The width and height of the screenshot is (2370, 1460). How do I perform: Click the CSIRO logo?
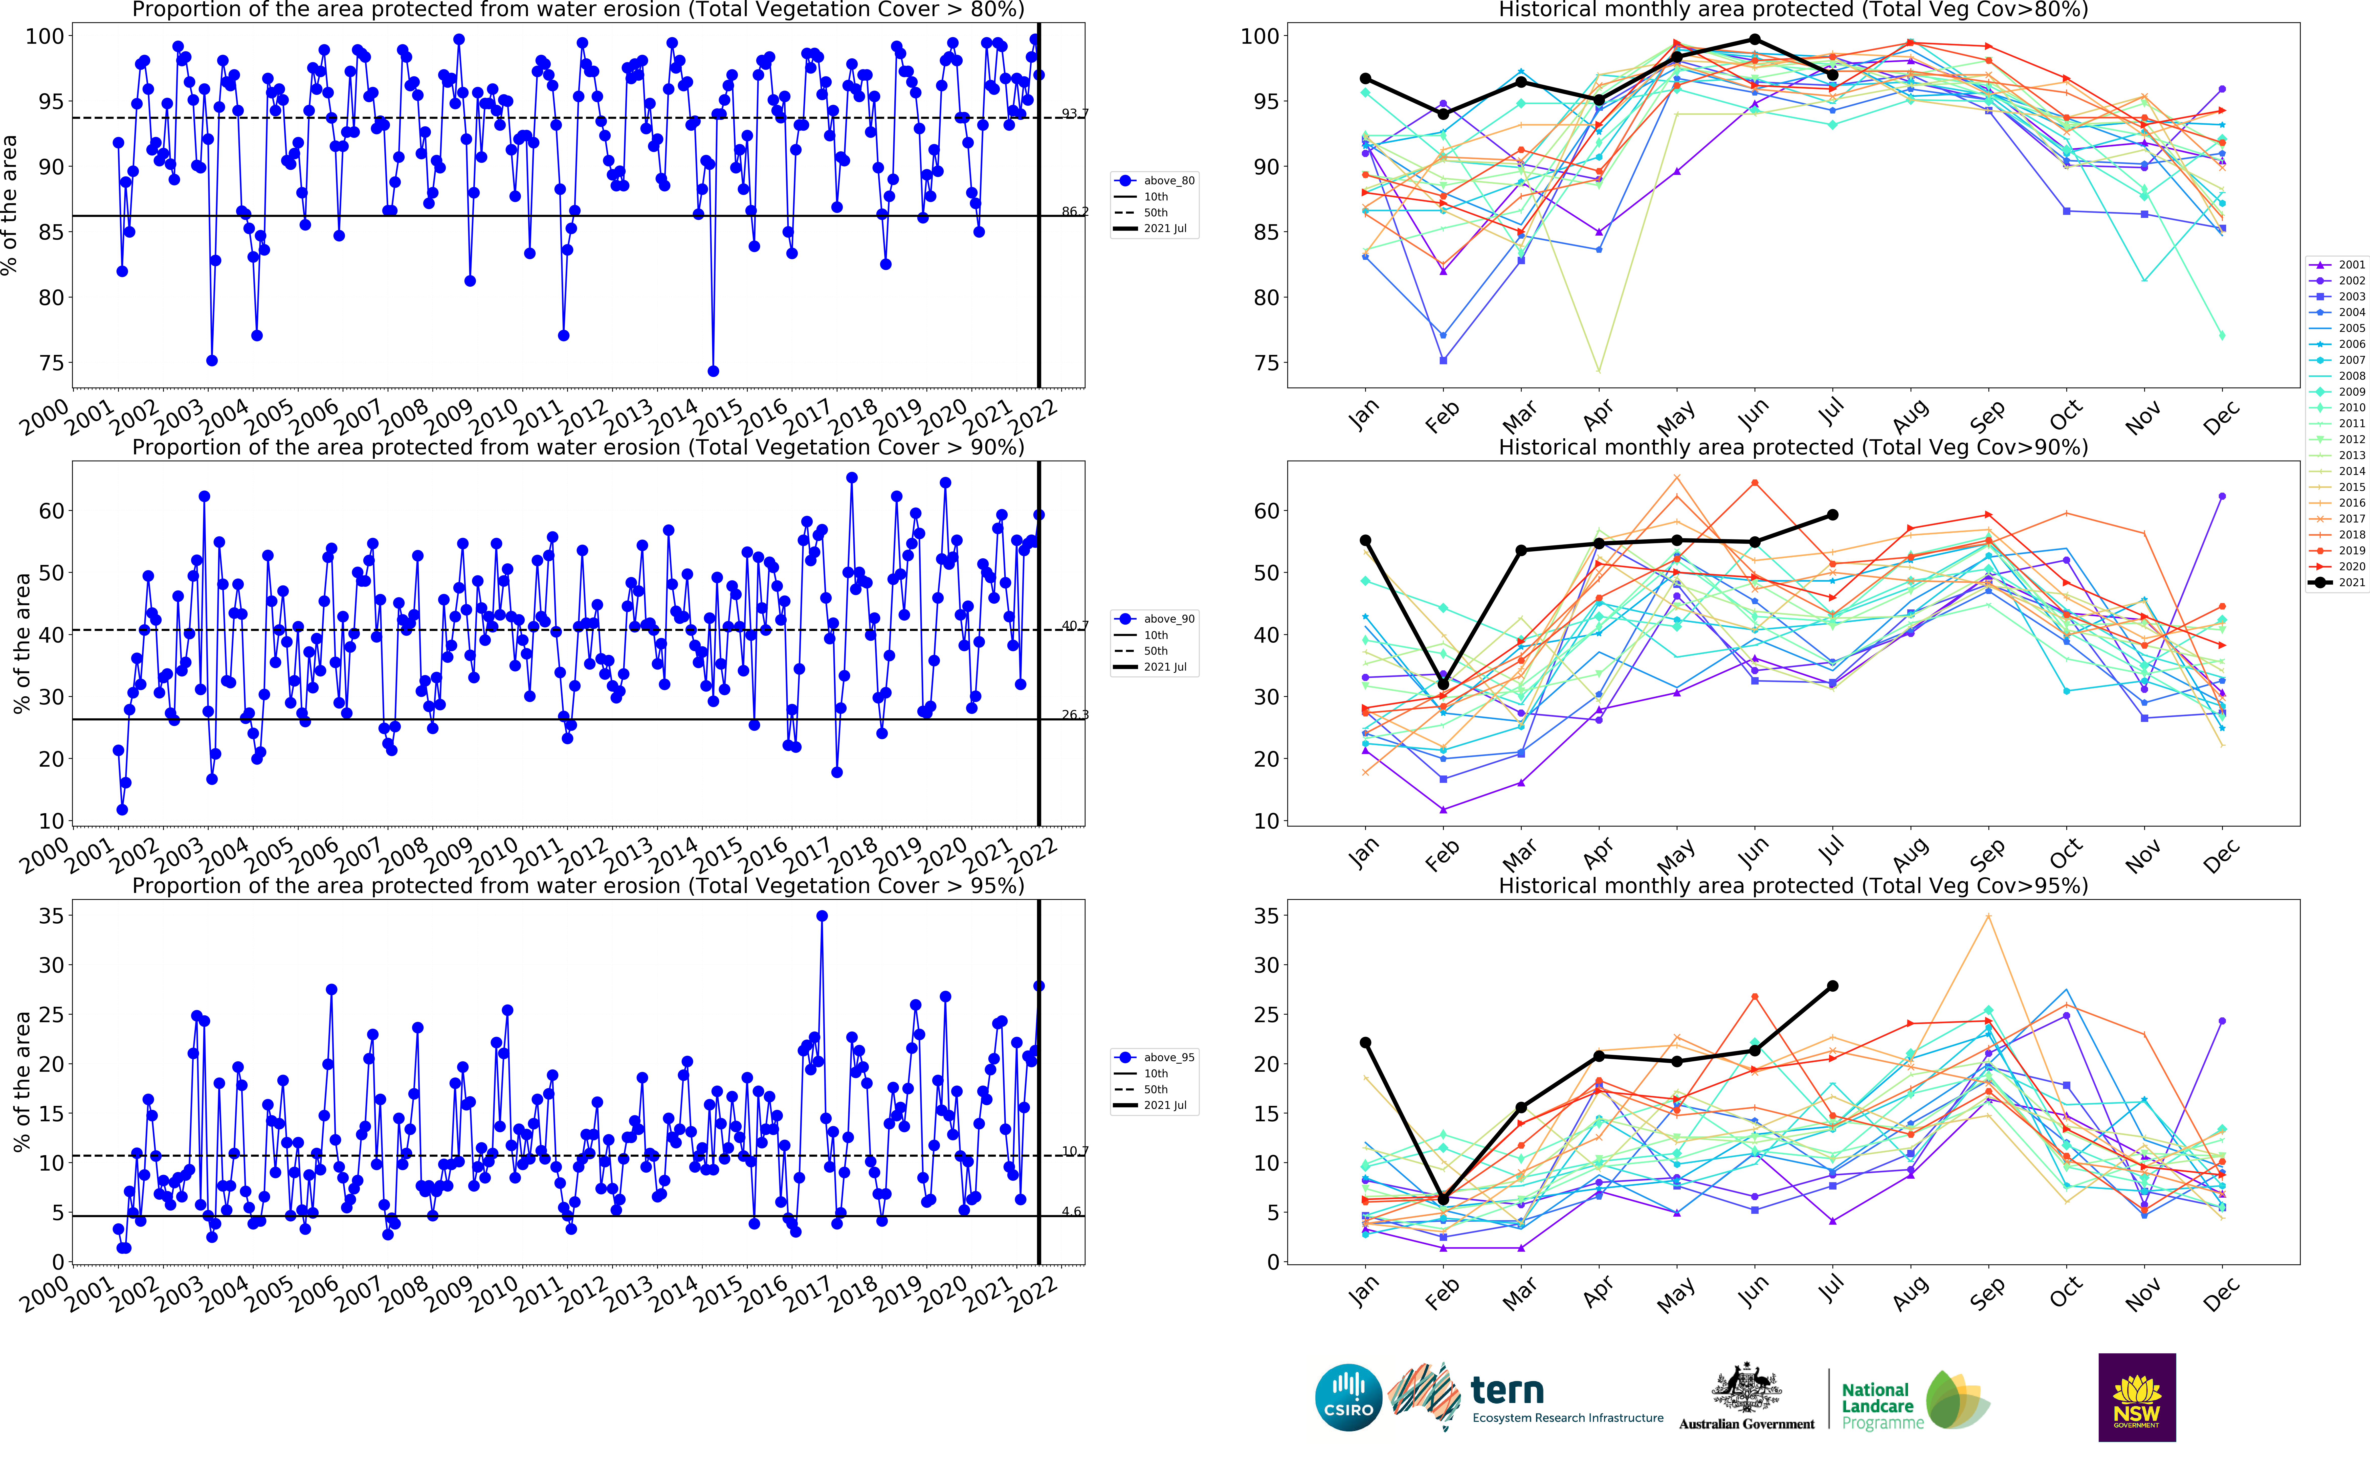tap(1348, 1397)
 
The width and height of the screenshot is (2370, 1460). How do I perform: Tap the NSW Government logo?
tap(2136, 1397)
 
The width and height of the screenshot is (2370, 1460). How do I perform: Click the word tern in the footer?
tap(1507, 1391)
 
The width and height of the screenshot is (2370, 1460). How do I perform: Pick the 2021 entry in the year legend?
tap(2337, 582)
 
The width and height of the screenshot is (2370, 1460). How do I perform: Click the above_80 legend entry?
tap(1155, 180)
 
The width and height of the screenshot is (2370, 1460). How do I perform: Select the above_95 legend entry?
tap(1155, 1057)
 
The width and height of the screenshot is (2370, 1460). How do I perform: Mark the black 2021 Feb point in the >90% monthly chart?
tap(1443, 684)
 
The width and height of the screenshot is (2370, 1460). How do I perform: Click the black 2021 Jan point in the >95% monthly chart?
tap(1365, 1043)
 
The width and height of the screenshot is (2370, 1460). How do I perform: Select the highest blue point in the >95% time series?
tap(821, 916)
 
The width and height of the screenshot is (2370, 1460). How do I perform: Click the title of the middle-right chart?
tap(1792, 447)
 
